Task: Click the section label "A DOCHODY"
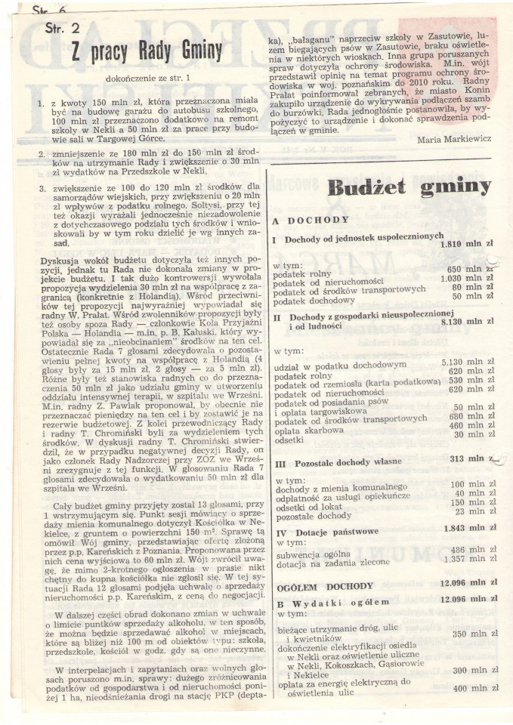[x=311, y=221]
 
